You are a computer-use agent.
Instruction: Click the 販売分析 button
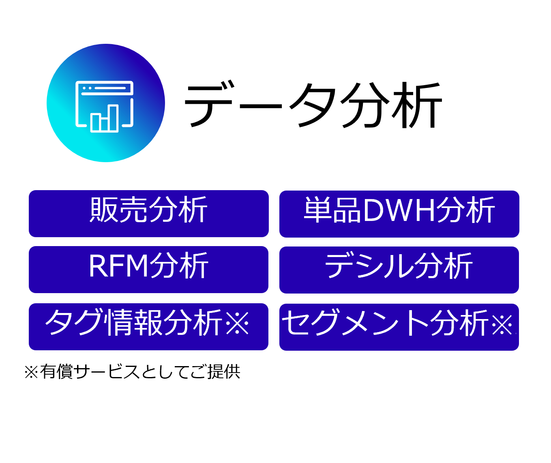148,214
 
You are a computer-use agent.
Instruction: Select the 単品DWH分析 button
399,214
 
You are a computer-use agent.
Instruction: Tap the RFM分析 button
148,270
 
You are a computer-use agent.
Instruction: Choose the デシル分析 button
399,270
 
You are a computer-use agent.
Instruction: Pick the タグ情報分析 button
148,327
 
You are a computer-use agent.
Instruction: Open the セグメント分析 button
399,327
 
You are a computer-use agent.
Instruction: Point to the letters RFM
118,266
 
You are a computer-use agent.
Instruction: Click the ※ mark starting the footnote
31,372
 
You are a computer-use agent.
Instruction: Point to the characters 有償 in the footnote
56,371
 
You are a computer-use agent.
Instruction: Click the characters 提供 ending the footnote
224,371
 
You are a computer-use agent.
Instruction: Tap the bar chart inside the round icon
104,118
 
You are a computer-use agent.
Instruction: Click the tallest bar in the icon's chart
113,118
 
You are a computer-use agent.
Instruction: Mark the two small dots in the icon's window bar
87,88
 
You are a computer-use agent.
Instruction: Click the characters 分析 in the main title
391,105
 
